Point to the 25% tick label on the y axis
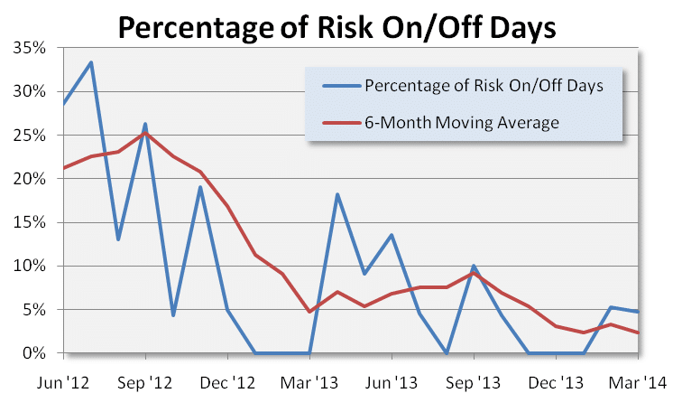34,135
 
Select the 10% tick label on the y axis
34,266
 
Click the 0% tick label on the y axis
38,353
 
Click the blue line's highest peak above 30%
91,62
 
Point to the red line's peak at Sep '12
145,134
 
